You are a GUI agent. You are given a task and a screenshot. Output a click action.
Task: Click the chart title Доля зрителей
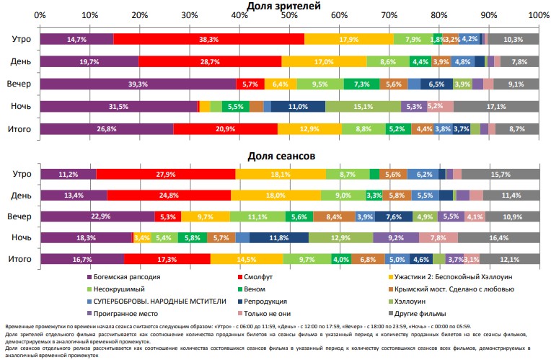click(288, 6)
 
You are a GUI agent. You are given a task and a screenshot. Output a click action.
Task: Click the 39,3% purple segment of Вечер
click(138, 84)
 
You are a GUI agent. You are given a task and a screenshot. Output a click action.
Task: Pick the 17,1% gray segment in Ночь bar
click(495, 107)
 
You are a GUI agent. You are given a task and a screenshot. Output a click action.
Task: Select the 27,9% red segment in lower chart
click(166, 174)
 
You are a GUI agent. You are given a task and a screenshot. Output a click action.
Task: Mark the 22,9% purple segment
click(97, 216)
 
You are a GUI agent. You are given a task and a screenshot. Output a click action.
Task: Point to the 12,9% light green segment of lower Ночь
click(340, 237)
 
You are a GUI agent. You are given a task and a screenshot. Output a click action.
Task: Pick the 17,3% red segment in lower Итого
click(167, 259)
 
